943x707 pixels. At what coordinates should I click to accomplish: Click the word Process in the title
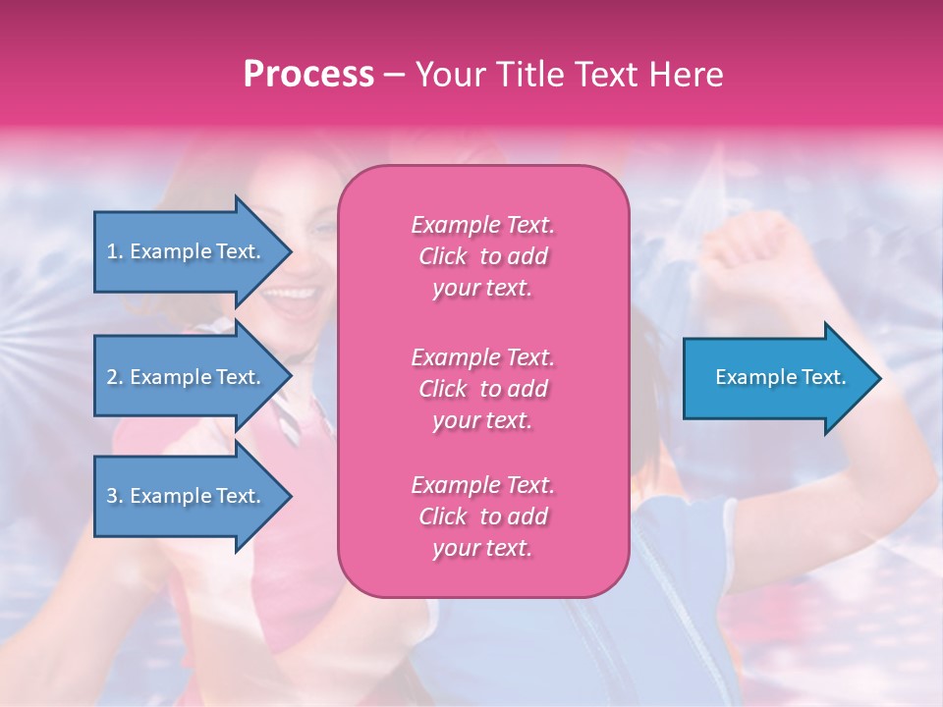pyautogui.click(x=308, y=75)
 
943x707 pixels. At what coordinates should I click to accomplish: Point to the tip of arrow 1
pyautogui.click(x=290, y=251)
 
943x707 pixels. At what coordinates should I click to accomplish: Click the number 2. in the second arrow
pyautogui.click(x=115, y=377)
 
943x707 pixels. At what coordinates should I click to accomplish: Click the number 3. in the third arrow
pyautogui.click(x=115, y=496)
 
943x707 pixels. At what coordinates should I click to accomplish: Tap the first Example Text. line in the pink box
pyautogui.click(x=482, y=225)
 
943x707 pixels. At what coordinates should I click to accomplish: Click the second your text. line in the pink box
pyautogui.click(x=482, y=420)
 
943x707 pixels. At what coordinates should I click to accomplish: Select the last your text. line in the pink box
pyautogui.click(x=482, y=549)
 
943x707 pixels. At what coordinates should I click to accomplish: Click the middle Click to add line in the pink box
pyautogui.click(x=482, y=389)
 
